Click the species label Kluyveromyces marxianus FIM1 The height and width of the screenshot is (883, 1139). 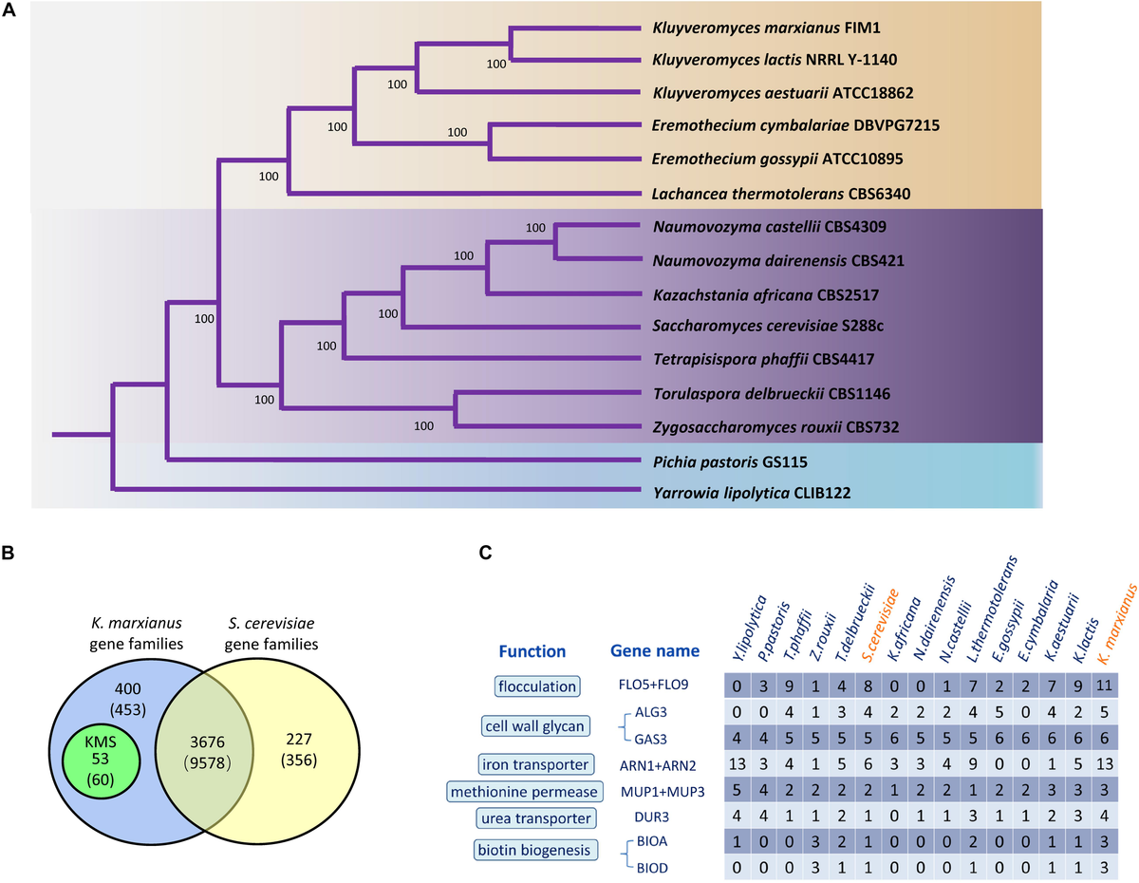pyautogui.click(x=767, y=29)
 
